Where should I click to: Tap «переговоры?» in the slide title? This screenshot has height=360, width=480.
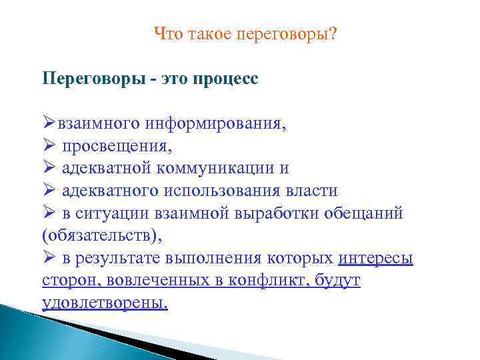coord(287,33)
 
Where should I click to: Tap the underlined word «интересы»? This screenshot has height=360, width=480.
coord(375,259)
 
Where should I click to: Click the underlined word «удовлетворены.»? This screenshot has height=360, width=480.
coord(105,303)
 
